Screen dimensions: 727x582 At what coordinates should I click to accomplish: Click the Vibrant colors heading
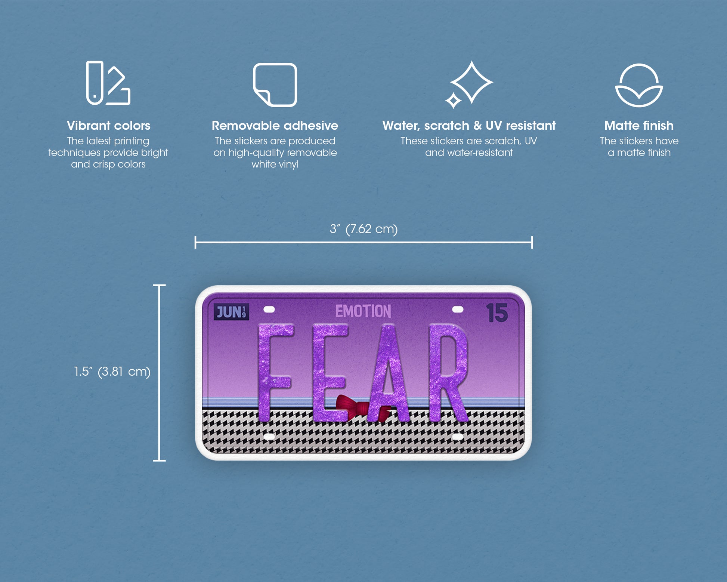108,126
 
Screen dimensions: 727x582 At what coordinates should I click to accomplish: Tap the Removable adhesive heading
275,126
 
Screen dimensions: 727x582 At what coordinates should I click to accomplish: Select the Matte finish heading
639,126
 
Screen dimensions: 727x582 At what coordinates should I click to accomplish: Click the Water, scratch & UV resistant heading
469,126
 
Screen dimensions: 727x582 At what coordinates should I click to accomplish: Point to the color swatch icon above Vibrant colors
108,83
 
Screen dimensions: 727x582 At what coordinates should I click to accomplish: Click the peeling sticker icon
275,85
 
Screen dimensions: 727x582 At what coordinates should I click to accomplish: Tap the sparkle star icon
469,84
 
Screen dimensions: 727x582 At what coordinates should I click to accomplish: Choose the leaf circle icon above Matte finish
639,85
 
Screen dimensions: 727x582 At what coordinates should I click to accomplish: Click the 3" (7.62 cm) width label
363,229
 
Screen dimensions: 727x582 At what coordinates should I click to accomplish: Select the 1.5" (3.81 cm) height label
112,372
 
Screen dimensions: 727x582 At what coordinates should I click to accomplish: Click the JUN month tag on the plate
231,312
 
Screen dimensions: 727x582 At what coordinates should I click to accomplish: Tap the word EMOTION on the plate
363,311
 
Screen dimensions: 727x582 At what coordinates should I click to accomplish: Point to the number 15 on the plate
497,312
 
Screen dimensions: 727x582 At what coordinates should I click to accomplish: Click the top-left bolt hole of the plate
269,309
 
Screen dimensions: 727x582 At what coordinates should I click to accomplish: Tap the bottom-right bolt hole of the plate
458,436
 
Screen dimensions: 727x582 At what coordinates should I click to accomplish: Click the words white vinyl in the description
275,164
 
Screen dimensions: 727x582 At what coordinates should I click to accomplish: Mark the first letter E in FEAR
330,372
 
